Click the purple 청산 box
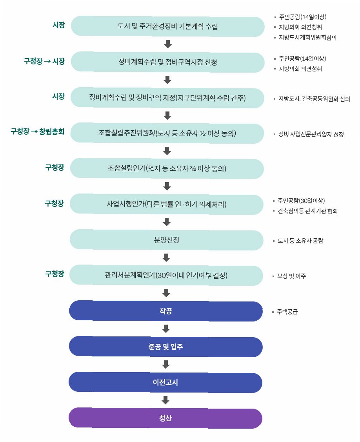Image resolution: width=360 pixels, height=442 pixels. [x=165, y=418]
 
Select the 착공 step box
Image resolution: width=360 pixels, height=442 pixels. [x=165, y=311]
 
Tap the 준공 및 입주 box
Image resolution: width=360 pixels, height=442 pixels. [x=165, y=347]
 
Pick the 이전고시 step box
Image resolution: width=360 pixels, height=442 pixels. [x=165, y=382]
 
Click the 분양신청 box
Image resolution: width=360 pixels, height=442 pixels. [x=167, y=240]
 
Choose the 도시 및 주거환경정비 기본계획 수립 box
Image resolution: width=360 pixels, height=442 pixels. [x=168, y=27]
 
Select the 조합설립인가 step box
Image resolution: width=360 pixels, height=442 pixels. [x=167, y=169]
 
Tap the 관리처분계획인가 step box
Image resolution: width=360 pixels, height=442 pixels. [x=166, y=275]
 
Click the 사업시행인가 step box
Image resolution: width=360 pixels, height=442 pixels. [x=167, y=204]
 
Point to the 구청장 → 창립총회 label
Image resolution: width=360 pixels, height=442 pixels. [x=37, y=132]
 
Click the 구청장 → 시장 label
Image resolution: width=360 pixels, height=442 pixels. [x=44, y=61]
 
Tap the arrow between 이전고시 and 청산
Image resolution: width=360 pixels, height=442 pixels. [x=165, y=400]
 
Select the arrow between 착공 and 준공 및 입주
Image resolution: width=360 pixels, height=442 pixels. [x=165, y=329]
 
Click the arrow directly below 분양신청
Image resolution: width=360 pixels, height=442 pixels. [x=166, y=258]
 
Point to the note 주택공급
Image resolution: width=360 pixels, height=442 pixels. [x=287, y=312]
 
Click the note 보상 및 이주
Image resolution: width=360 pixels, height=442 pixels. [x=291, y=276]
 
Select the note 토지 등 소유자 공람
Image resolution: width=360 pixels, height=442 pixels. [x=300, y=241]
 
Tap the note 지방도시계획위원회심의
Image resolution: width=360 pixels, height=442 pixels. [x=307, y=38]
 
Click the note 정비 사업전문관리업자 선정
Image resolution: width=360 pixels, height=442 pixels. [x=311, y=134]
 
